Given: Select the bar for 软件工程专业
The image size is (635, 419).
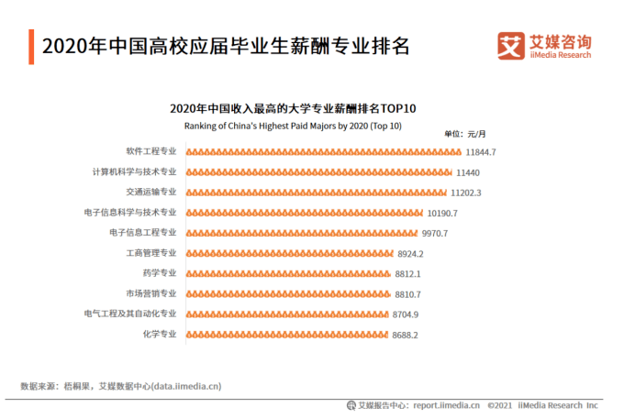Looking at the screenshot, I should (323, 151).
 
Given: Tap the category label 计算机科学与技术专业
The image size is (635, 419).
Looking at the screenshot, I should (134, 171).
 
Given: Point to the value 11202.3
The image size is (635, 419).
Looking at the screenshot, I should (466, 193).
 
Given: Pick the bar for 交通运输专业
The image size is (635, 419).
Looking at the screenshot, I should (316, 193).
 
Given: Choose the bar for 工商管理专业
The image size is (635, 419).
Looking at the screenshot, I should (288, 253).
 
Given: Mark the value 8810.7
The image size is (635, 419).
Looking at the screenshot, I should (408, 294).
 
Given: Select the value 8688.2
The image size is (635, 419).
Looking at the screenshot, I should (406, 335).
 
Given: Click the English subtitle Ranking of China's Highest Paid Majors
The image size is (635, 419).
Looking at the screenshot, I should (293, 126).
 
